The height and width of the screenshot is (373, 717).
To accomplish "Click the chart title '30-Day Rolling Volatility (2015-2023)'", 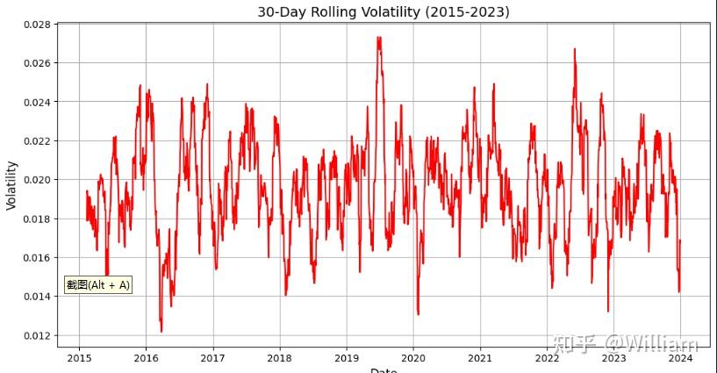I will pyautogui.click(x=383, y=11).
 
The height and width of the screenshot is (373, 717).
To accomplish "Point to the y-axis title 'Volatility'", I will pyautogui.click(x=11, y=184).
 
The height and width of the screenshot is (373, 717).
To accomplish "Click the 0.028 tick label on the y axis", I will pyautogui.click(x=35, y=25).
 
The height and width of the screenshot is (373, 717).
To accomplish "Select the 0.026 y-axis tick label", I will pyautogui.click(x=35, y=63).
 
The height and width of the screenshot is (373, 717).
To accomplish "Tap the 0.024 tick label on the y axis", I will pyautogui.click(x=35, y=102).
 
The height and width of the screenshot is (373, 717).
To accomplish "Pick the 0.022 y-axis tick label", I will pyautogui.click(x=35, y=141).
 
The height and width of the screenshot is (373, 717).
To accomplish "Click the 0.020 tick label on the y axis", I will pyautogui.click(x=35, y=180).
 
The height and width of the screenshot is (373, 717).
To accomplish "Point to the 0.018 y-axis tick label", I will pyautogui.click(x=35, y=219).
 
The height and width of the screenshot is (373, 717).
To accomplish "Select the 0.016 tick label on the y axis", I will pyautogui.click(x=35, y=258).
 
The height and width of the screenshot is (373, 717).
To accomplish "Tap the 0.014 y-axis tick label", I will pyautogui.click(x=35, y=297).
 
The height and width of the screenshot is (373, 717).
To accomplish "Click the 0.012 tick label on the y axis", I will pyautogui.click(x=35, y=335).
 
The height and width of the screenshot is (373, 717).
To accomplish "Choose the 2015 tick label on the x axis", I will pyautogui.click(x=79, y=357).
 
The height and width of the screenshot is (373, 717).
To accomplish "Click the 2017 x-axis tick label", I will pyautogui.click(x=212, y=357).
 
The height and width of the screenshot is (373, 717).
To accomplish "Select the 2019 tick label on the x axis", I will pyautogui.click(x=346, y=357).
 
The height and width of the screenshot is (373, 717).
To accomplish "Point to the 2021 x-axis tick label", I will pyautogui.click(x=480, y=357).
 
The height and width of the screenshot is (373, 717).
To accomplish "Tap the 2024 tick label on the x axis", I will pyautogui.click(x=680, y=357).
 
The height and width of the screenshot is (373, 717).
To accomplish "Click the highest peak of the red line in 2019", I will pyautogui.click(x=378, y=38).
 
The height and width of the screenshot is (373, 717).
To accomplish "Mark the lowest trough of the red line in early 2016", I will pyautogui.click(x=161, y=331).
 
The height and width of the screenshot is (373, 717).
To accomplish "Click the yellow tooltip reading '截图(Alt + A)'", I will pyautogui.click(x=98, y=284).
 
